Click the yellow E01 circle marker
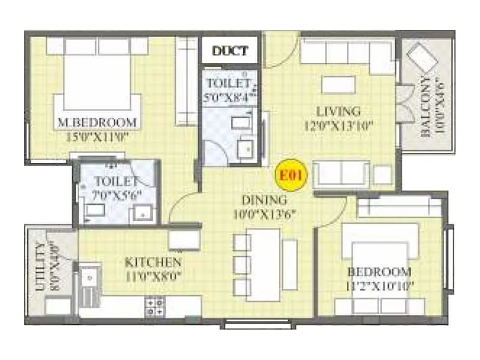coord(291,176)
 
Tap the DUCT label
coord(230,52)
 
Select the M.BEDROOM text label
coord(97,123)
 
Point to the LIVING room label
coord(338,111)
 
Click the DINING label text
coord(264,200)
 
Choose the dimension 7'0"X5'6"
coord(118,194)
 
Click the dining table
coord(263,265)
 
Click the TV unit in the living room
coord(339,85)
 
